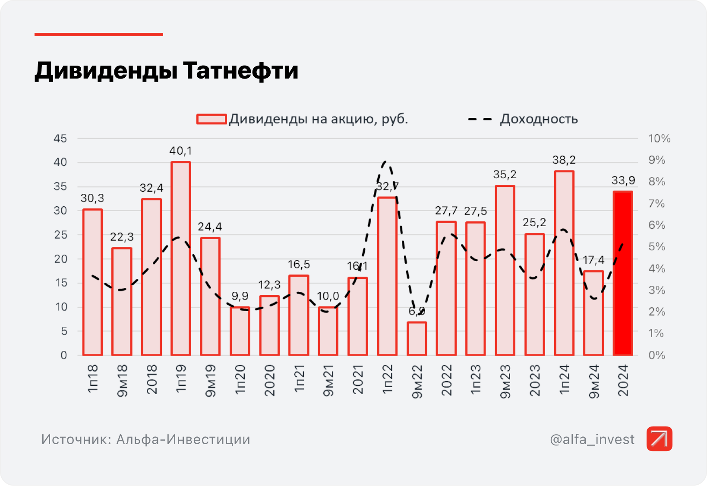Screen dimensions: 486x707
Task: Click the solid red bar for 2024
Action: click(623, 273)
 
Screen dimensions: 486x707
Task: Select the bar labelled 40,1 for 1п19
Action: click(180, 259)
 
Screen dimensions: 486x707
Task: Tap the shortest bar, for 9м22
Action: click(417, 339)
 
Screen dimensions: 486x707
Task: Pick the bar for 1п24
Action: click(564, 263)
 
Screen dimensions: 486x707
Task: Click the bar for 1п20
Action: click(240, 331)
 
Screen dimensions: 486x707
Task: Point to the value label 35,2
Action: click(505, 175)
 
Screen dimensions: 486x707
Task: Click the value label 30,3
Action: click(92, 198)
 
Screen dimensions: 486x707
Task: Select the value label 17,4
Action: click(593, 260)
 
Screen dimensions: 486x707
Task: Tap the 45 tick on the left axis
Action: click(60, 139)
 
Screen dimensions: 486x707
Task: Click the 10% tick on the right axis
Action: click(659, 139)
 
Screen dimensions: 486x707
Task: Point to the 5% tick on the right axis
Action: click(657, 247)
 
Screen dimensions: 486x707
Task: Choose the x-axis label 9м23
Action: click(505, 381)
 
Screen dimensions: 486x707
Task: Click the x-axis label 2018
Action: click(151, 379)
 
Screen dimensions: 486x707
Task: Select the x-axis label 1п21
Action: click(299, 378)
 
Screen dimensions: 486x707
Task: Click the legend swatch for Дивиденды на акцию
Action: click(211, 119)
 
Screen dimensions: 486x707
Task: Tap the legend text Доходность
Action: click(539, 119)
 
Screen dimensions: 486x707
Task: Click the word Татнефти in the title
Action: click(240, 71)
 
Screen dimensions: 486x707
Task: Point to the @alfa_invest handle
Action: click(592, 439)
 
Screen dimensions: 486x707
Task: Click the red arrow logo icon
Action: click(659, 439)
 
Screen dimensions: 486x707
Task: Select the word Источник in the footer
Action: click(75, 439)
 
